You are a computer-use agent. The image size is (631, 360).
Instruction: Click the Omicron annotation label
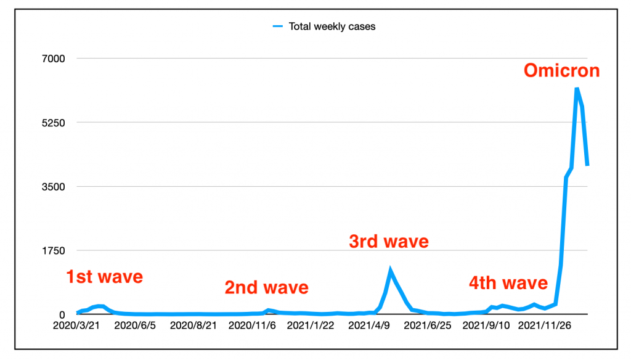pos(561,71)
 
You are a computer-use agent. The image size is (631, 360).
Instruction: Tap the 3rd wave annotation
pos(388,241)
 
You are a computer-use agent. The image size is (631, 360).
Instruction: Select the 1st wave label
pos(104,277)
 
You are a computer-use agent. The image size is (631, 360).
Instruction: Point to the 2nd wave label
pos(266,287)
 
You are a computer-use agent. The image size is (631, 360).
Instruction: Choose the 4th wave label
pos(508,283)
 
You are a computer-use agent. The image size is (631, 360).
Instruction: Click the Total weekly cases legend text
pos(332,27)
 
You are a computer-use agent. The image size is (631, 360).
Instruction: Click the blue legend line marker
pos(277,27)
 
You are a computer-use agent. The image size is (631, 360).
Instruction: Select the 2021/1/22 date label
pos(311,325)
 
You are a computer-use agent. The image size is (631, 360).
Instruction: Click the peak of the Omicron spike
pos(577,89)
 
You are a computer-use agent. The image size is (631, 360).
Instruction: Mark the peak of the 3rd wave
pos(390,270)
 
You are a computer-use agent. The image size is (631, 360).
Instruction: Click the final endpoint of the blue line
pos(588,165)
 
